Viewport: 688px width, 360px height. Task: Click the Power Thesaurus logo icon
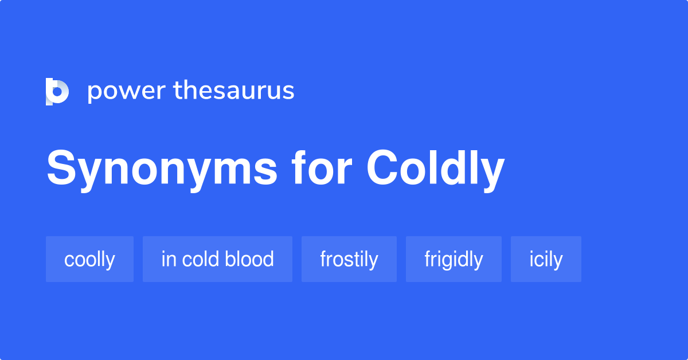pos(57,91)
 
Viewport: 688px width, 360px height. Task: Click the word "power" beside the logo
pos(125,91)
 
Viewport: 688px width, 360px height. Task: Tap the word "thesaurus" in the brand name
pos(234,91)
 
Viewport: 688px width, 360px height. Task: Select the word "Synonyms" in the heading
pos(162,169)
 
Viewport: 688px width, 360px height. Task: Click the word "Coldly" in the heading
pos(435,169)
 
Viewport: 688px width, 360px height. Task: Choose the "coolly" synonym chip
pos(89,259)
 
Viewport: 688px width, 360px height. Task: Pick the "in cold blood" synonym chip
pos(217,259)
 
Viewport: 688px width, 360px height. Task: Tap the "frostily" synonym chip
pos(349,259)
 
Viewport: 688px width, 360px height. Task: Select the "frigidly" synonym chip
pos(454,259)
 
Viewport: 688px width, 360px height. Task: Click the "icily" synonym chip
pos(546,259)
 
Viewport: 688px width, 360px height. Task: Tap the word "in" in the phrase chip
pos(168,259)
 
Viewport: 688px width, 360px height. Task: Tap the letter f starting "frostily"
pos(323,259)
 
